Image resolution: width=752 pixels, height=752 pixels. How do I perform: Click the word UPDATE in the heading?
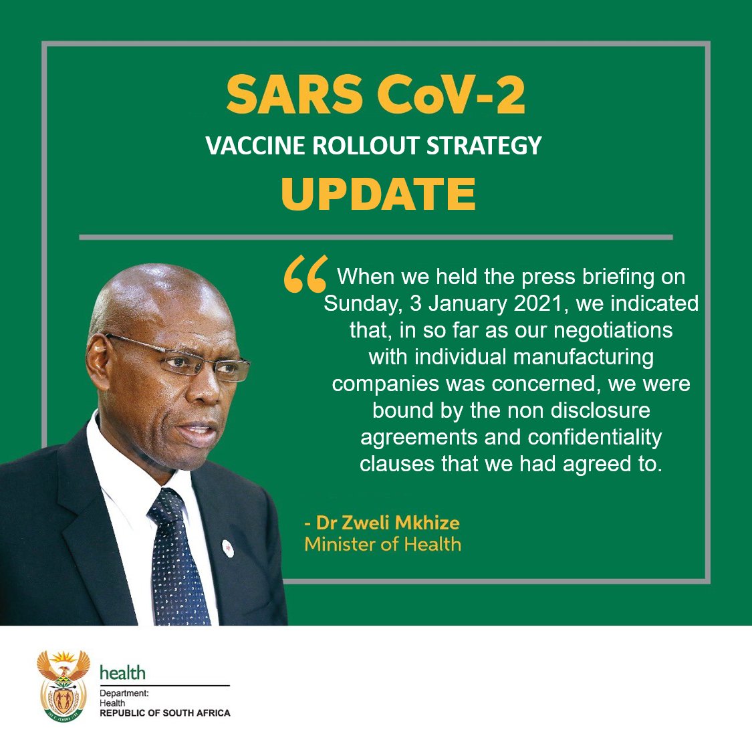tap(378, 193)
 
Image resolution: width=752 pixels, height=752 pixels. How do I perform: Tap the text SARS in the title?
tap(289, 94)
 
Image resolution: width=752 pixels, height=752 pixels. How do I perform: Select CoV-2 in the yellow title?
tap(452, 94)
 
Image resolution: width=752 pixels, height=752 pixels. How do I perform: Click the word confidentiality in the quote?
tap(595, 437)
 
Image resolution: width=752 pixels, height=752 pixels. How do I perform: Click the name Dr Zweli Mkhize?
tap(387, 523)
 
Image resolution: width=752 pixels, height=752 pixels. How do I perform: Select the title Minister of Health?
tap(382, 544)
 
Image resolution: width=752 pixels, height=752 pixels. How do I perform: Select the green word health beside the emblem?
tap(122, 672)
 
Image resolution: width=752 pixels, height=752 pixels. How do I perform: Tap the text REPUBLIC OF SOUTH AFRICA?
tap(164, 713)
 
